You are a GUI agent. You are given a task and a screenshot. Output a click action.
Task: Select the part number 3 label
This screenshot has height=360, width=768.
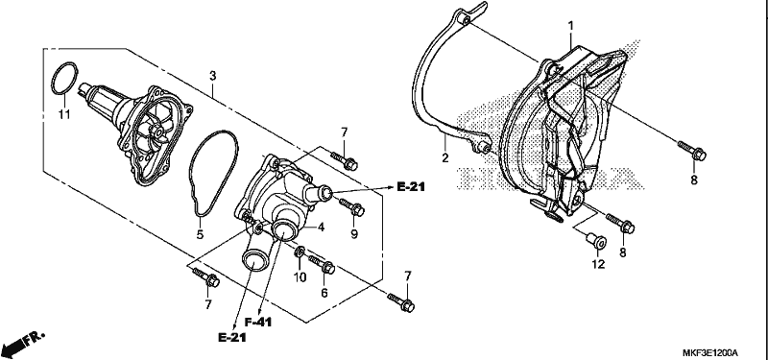[212, 76]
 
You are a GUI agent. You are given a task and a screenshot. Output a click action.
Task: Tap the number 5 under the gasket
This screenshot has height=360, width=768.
[200, 235]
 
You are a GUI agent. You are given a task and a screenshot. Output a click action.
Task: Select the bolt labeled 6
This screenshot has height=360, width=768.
[322, 265]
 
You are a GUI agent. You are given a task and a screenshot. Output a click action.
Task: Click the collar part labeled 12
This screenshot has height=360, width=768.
[596, 241]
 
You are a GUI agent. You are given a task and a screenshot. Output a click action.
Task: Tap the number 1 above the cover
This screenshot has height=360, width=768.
[570, 25]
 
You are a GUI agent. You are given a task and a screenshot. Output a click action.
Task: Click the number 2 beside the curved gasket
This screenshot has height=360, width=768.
[445, 157]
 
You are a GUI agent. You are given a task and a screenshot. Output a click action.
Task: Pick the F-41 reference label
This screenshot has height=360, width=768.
[258, 322]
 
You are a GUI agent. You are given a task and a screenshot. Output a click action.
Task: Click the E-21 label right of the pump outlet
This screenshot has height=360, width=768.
[411, 186]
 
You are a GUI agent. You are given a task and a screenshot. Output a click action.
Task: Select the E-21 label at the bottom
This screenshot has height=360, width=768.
[232, 337]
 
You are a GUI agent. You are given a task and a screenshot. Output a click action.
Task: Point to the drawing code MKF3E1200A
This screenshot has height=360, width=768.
[710, 352]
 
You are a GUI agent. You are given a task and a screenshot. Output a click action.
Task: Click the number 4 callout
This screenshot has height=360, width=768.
[322, 228]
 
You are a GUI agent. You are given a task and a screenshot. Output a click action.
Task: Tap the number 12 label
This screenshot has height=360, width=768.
[598, 265]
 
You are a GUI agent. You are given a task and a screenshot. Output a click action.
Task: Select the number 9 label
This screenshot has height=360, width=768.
[354, 234]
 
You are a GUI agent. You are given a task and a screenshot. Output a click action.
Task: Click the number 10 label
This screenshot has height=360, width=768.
[300, 277]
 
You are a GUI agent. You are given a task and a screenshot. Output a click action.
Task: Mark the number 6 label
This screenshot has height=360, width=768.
[324, 293]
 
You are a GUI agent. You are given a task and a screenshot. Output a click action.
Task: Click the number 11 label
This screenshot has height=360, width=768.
[64, 114]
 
